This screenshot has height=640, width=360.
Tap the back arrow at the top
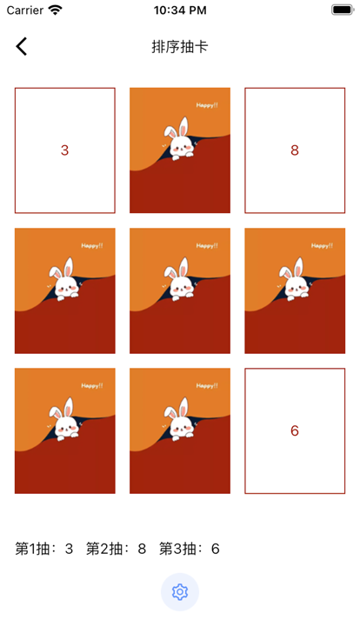coord(22,46)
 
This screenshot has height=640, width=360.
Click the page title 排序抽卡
coord(180,47)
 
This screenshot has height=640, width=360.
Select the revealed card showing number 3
coord(65,150)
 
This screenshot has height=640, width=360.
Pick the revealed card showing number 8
coord(295,150)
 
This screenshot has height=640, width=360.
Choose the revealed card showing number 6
coord(295,430)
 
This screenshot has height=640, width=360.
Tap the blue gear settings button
coord(180,592)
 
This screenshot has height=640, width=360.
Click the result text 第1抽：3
coord(44,549)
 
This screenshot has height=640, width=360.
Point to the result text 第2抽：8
coord(116,549)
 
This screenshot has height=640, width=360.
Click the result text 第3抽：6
coord(190,549)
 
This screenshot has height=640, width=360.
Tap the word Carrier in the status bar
coord(25,10)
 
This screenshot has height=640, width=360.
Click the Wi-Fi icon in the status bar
coord(55,10)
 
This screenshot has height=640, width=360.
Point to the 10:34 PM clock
coord(180,10)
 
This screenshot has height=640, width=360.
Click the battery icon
coord(343,10)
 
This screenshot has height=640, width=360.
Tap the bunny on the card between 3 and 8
coord(180,140)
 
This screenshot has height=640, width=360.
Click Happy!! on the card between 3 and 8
coord(207,105)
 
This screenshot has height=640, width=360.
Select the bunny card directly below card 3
coord(65,290)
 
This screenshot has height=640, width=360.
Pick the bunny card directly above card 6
coord(295,290)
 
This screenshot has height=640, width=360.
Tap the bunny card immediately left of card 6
coord(180,430)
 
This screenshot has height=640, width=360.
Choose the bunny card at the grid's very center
coord(180,290)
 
